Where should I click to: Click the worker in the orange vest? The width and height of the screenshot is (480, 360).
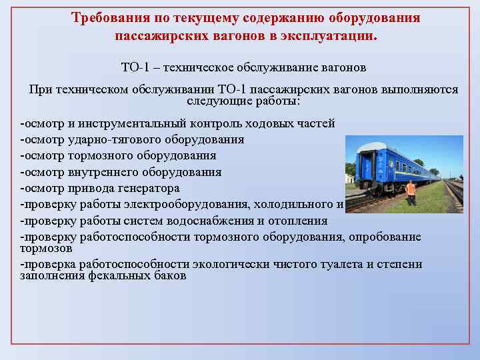point(411,193)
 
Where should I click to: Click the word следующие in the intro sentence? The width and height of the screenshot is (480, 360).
point(215,102)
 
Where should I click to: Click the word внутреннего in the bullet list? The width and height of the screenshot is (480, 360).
point(101,172)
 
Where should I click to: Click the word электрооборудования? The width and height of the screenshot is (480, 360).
point(199,204)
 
